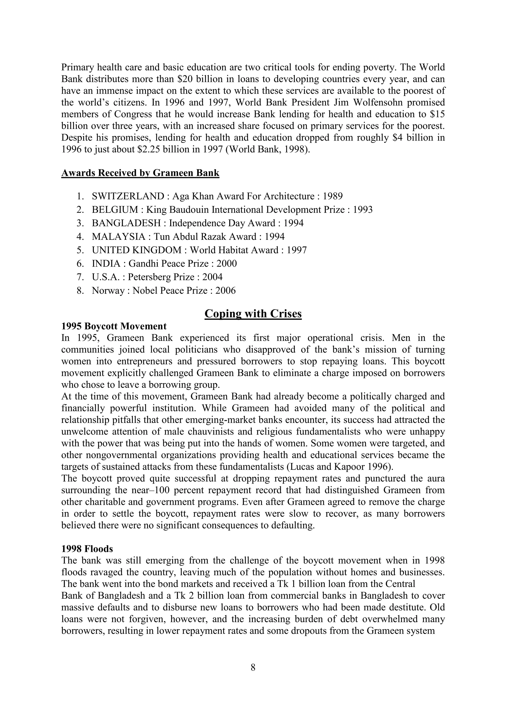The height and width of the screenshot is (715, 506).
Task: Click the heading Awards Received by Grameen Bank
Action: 140,173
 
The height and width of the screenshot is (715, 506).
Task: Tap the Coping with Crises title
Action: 253,314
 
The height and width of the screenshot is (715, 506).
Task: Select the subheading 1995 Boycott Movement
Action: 114,326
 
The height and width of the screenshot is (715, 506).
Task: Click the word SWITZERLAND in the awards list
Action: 128,196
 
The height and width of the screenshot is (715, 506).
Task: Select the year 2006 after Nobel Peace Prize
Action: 225,291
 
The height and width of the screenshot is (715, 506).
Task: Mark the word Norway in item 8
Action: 108,291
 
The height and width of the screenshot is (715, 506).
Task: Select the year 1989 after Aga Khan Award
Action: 333,196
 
